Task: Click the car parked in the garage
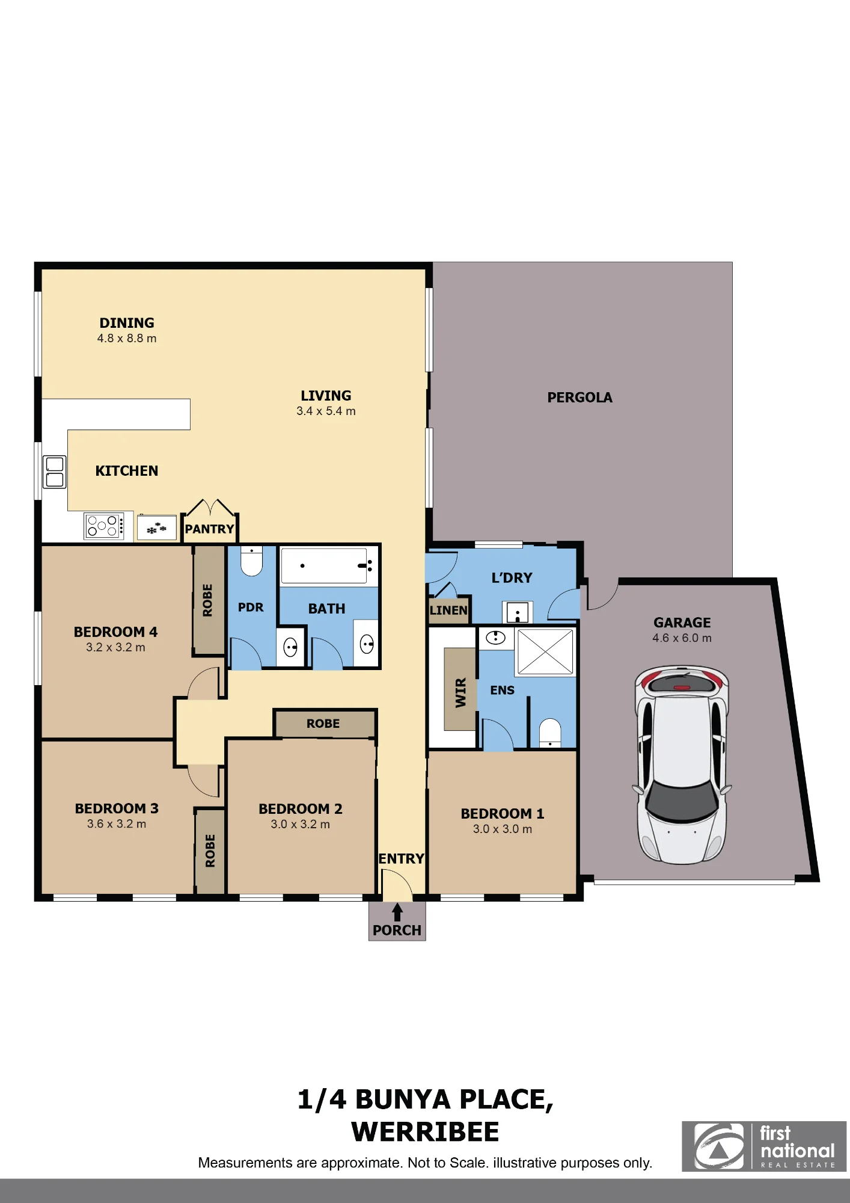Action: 682,765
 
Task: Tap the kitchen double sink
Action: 55,472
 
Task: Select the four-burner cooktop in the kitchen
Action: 103,526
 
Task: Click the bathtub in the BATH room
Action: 324,565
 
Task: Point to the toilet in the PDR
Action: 251,561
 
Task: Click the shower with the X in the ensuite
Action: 545,651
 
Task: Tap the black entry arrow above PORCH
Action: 397,912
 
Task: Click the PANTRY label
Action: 209,529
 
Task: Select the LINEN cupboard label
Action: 448,610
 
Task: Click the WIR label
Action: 460,692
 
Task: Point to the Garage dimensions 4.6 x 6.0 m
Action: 682,638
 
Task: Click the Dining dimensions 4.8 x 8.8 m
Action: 127,339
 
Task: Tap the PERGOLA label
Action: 579,398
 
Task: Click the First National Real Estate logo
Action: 764,1146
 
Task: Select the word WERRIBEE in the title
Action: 425,1132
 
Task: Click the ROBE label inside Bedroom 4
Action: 208,600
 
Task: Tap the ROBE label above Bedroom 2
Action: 323,724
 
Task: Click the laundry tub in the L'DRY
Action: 518,613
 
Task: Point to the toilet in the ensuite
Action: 550,733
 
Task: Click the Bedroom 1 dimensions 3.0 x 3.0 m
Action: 503,829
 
